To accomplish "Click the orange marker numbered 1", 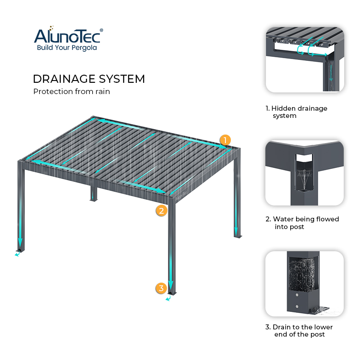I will (225, 139).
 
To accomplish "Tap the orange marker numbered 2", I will (162, 210).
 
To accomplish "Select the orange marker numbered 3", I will (161, 288).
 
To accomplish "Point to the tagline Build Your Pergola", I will (67, 48).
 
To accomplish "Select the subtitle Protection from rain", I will (71, 91).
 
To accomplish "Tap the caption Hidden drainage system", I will (297, 112).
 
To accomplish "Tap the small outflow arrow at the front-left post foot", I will (17, 255).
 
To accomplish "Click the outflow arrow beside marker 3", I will (168, 298).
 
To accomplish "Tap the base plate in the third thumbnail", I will (321, 310).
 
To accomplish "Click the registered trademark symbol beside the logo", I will (101, 30).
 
